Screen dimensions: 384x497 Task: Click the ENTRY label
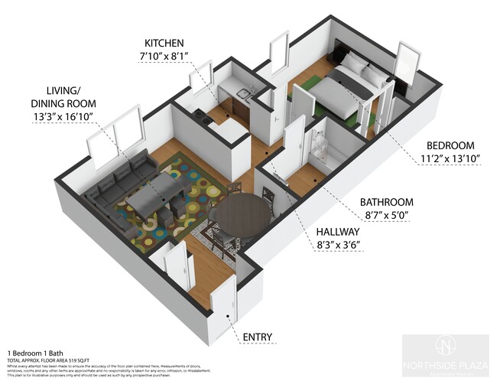(258, 337)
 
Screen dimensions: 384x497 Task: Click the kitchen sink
(243, 94)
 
